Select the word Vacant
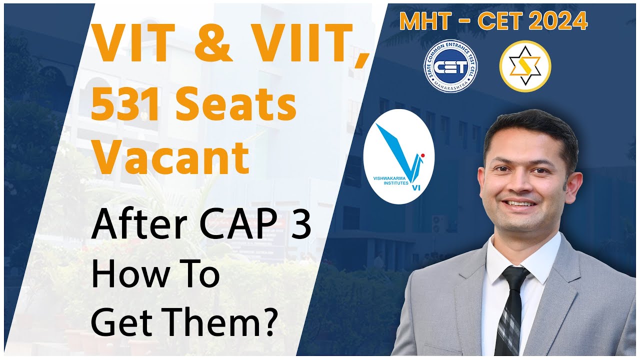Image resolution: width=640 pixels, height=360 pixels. pos(170,157)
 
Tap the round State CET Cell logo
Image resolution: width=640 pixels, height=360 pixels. pos(451,66)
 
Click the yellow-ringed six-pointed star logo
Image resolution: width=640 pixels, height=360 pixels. pos(525,66)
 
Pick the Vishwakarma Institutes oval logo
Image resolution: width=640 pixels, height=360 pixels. pos(398,156)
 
